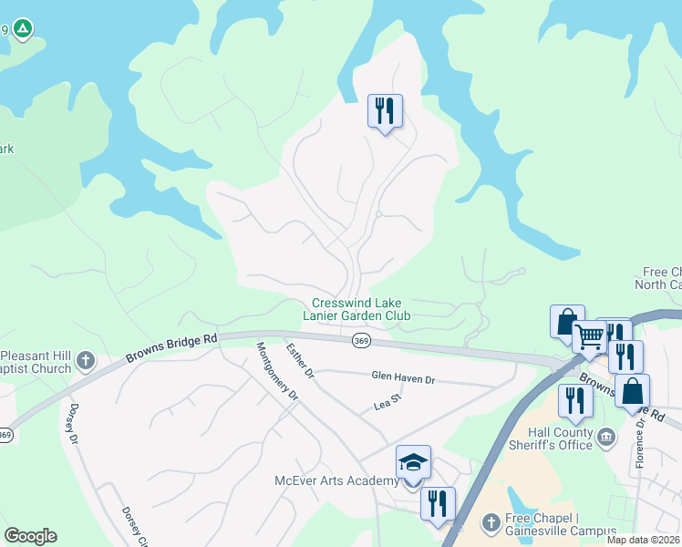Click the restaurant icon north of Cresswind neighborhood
[385, 111]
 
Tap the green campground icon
[25, 30]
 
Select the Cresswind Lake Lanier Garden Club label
[356, 309]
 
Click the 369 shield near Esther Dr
[360, 340]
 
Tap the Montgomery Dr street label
[278, 371]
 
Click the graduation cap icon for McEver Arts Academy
[412, 462]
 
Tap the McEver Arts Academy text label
[336, 480]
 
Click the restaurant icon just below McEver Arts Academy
[438, 503]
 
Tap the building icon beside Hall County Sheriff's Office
[605, 439]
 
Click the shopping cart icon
[589, 337]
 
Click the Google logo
[30, 536]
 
